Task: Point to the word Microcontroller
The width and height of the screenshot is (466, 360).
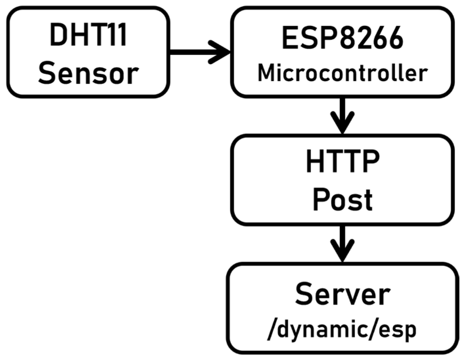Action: click(343, 73)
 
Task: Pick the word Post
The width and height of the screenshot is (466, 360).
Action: click(343, 200)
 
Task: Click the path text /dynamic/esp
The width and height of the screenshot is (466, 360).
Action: click(343, 329)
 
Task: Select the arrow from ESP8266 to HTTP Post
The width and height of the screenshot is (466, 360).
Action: click(343, 113)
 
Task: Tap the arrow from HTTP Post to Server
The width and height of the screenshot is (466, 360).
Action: click(343, 241)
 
